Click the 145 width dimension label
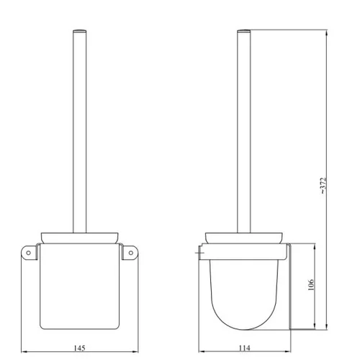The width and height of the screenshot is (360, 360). pos(79,348)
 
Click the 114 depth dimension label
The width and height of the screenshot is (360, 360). pos(244,348)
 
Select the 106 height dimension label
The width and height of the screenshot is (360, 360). pos(311,284)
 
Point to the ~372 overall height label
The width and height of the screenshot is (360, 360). pos(323,186)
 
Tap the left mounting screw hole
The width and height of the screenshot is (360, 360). pos(28,253)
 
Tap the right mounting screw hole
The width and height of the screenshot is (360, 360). pos(131,253)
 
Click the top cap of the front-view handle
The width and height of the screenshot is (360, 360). pos(79,31)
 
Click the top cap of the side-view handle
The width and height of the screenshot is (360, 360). pos(244,31)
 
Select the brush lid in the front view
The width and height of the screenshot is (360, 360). pos(79,238)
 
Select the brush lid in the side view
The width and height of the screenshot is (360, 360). pos(244,238)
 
